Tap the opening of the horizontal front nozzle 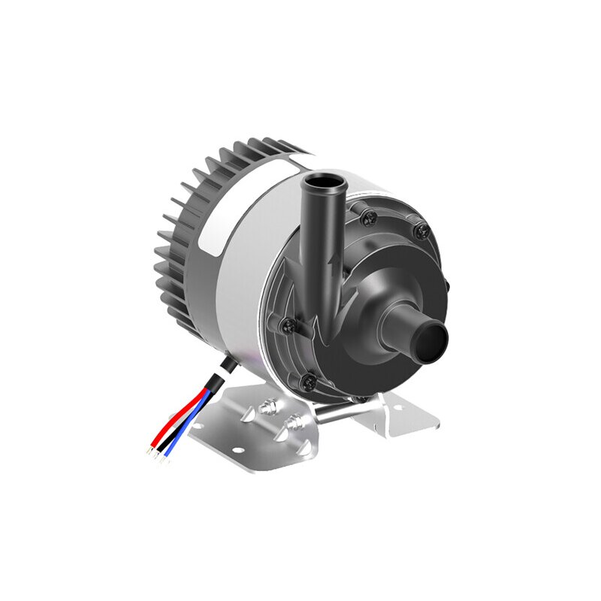[433, 342]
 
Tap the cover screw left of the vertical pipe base [286, 325]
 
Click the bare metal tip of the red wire [150, 452]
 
